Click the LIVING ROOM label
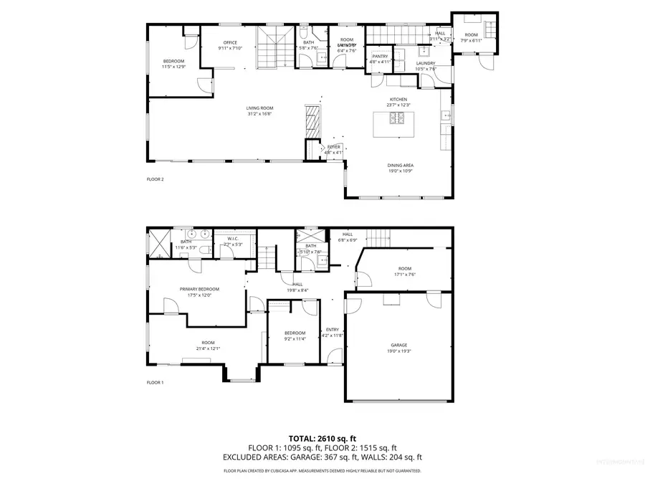259,108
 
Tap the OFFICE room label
230,42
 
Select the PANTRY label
380,56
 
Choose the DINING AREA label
401,165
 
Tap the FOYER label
334,147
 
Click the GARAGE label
398,344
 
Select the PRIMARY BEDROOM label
199,289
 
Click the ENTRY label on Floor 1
333,330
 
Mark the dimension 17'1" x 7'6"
406,275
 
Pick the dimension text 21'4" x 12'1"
208,348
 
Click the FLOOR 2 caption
156,179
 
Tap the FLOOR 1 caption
156,382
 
